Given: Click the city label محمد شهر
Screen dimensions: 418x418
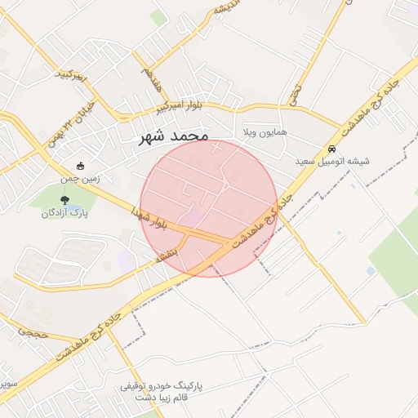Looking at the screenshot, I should tap(174, 136).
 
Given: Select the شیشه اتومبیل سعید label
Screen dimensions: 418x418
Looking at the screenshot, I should tap(332, 162).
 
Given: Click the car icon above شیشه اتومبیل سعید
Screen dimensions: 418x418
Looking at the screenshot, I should tap(332, 149).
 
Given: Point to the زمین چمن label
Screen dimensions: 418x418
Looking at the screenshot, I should tap(80, 178).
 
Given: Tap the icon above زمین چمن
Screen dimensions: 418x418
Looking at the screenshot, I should tap(80, 166).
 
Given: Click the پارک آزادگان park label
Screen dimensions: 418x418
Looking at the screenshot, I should tap(64, 213).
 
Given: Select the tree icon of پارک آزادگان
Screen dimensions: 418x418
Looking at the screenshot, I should tap(64, 199).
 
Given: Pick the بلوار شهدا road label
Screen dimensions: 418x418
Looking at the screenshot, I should tap(152, 216).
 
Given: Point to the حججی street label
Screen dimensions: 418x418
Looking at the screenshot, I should tap(33, 333).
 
